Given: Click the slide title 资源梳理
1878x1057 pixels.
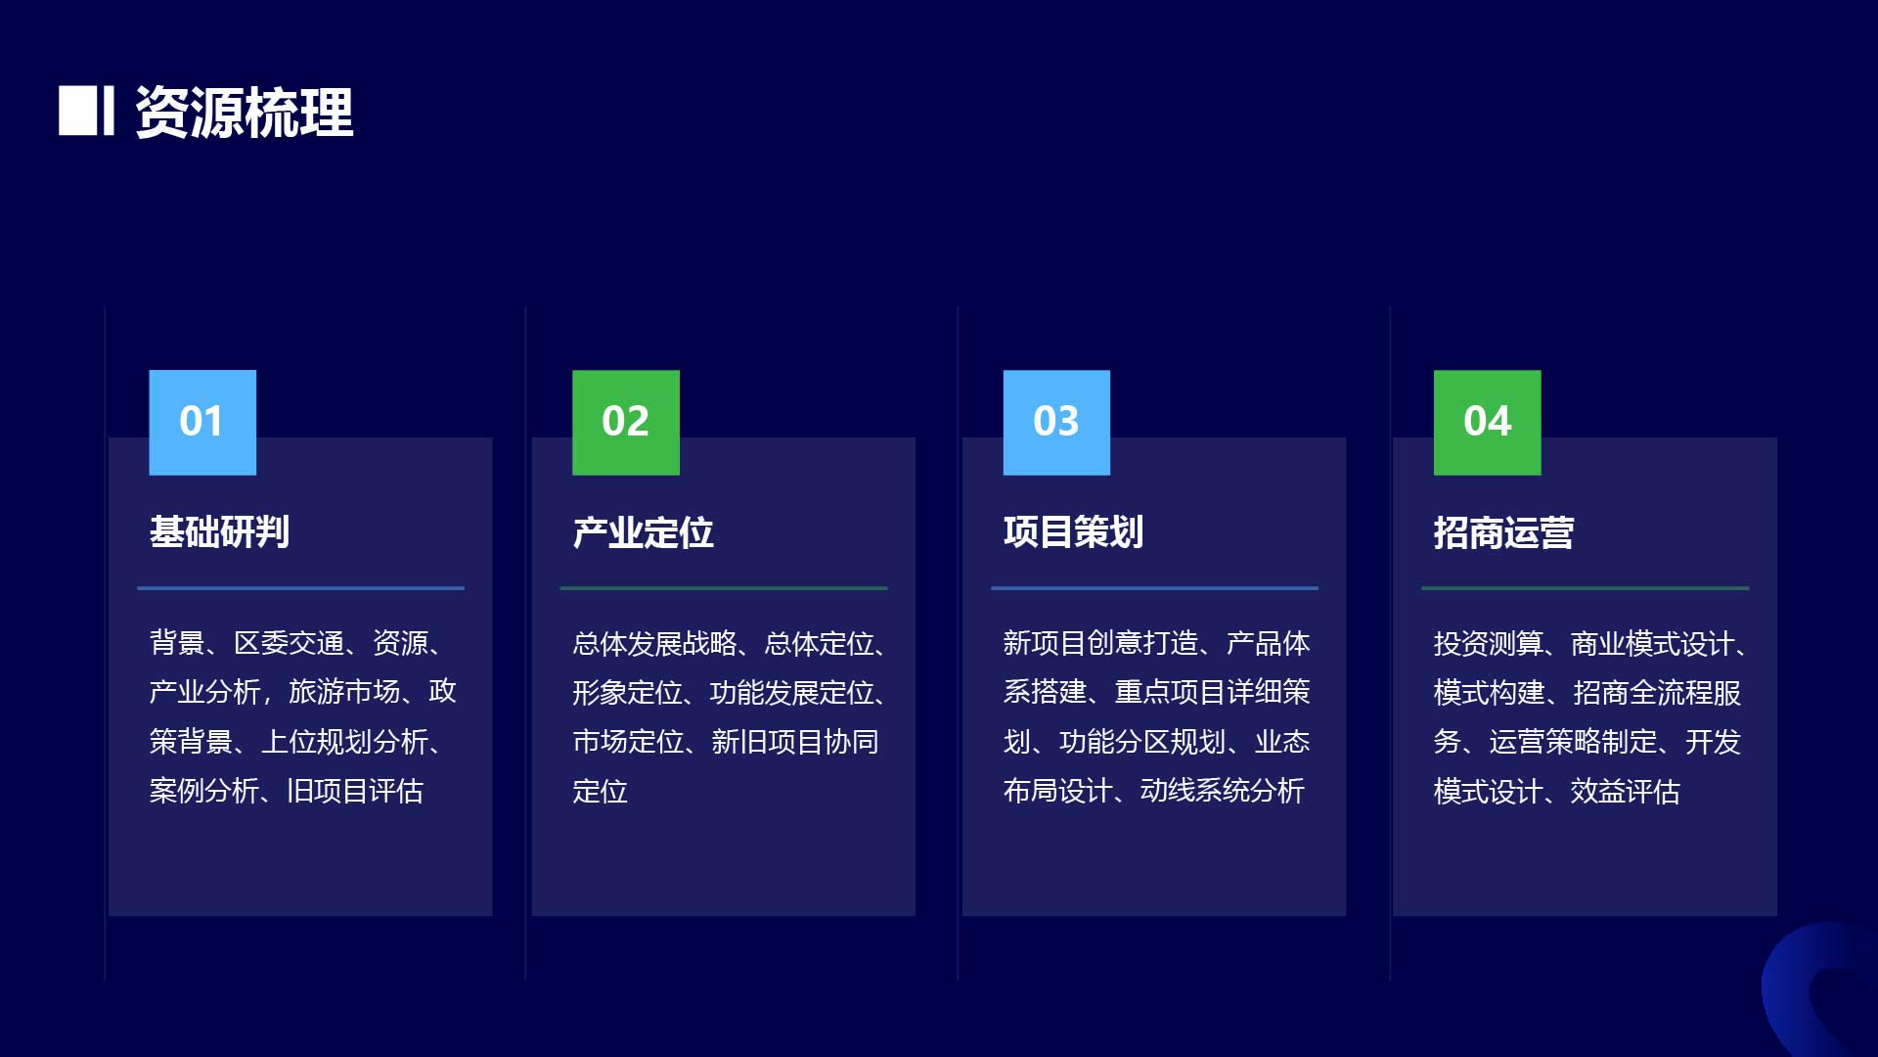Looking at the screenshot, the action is [x=245, y=112].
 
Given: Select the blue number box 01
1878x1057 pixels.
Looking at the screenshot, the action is [x=202, y=423].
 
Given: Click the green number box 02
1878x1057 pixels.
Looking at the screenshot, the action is [x=626, y=423].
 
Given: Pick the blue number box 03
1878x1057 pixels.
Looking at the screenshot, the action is [x=1056, y=423].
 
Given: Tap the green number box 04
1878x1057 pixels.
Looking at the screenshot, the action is [x=1488, y=423].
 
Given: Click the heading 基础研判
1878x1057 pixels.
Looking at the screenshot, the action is [x=219, y=532].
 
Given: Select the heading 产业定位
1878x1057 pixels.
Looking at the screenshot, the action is [x=643, y=532].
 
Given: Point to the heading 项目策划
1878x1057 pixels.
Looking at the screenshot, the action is [x=1073, y=532].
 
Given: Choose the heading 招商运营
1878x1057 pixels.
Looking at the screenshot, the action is [x=1503, y=532].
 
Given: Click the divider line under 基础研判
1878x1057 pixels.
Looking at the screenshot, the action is [x=301, y=588].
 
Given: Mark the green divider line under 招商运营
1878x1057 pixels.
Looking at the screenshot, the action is [x=1586, y=588].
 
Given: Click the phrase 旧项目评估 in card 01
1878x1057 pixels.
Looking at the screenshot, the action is [x=355, y=791].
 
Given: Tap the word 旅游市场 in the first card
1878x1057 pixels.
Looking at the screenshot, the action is [x=344, y=692].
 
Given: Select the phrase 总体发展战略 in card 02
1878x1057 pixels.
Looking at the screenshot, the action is [x=655, y=643].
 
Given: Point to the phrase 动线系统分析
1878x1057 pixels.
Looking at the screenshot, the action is [x=1223, y=791].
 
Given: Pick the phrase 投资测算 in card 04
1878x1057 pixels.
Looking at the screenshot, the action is [x=1488, y=643].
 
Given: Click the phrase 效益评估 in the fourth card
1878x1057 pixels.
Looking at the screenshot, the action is [x=1626, y=791].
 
